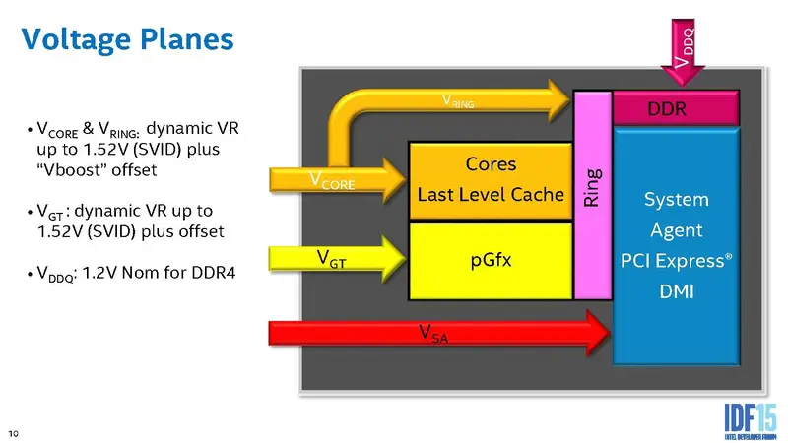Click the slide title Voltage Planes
click(x=127, y=39)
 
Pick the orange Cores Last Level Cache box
click(x=490, y=179)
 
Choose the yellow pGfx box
click(x=490, y=261)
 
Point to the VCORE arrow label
click(x=332, y=180)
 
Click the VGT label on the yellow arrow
click(x=331, y=259)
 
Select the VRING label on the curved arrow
click(x=459, y=99)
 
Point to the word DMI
click(x=676, y=292)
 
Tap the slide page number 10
click(x=14, y=431)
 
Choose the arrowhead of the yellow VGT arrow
click(x=392, y=257)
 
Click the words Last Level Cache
click(x=490, y=195)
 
